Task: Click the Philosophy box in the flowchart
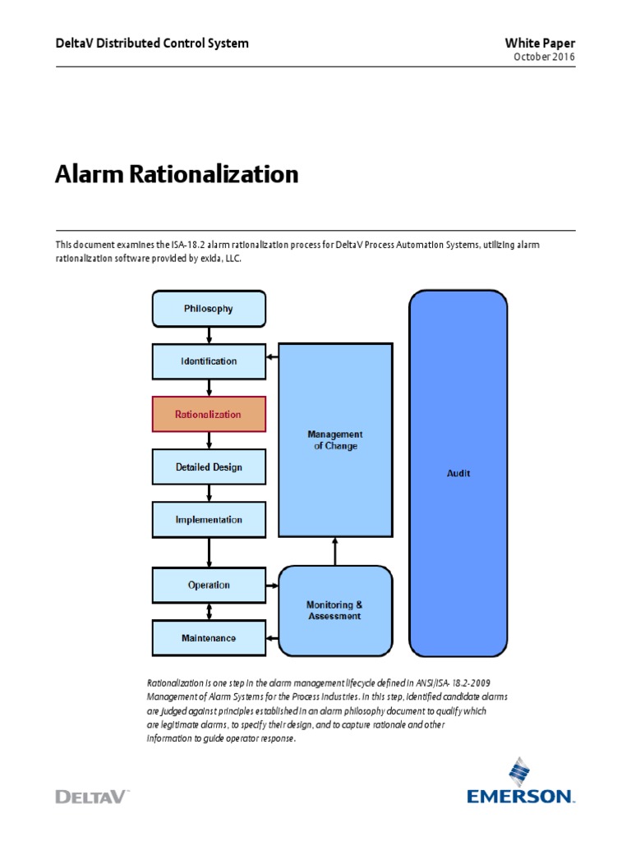pos(209,309)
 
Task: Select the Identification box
pos(209,361)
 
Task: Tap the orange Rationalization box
pos(209,414)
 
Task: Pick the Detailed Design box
pos(209,466)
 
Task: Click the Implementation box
pos(209,519)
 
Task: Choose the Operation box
pos(209,586)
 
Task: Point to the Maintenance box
pos(209,637)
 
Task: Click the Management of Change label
pos(334,439)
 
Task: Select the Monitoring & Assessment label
pos(334,610)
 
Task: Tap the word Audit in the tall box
pos(458,473)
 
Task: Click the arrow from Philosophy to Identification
pos(210,335)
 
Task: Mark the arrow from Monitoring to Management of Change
pos(334,551)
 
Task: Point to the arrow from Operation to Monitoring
pos(273,586)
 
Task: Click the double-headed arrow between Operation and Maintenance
pos(210,612)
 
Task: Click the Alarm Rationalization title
pos(177,174)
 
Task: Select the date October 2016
pos(544,57)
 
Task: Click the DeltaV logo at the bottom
pos(92,796)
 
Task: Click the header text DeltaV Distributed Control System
pos(151,43)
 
